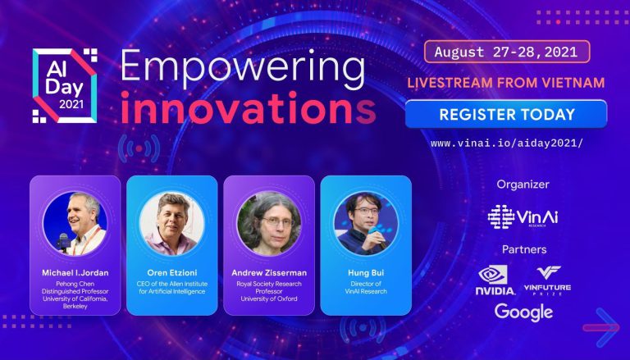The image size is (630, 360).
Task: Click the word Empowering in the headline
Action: pos(242,68)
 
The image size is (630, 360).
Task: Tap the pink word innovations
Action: pos(248,108)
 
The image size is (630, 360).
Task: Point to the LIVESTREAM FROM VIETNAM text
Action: pos(504,83)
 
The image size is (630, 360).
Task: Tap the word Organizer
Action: pos(523,184)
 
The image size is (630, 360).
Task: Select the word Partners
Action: pos(523,249)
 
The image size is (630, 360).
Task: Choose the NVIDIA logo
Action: pos(495,280)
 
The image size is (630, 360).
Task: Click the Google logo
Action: pos(523,312)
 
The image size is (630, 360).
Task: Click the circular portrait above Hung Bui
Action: pos(365,223)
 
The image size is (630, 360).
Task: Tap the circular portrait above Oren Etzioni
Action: pos(171,223)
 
